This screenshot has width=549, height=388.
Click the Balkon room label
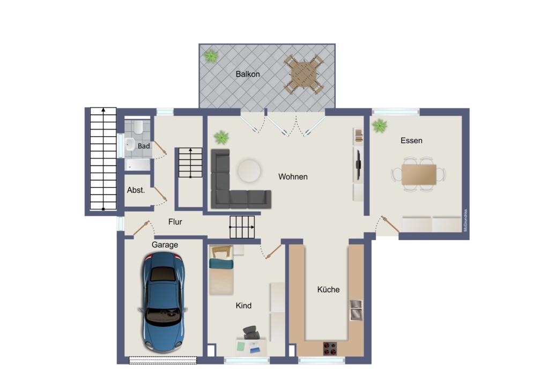tap(248, 74)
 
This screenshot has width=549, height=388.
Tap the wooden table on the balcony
tap(303, 74)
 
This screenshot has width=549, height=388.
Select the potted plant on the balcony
tap(211, 55)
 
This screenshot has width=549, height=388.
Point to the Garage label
tap(165, 244)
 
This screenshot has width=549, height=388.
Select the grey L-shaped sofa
tap(228, 185)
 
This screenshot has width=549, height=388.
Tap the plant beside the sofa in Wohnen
tap(221, 137)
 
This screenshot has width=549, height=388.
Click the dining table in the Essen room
tap(419, 174)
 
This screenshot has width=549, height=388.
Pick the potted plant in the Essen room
tap(380, 126)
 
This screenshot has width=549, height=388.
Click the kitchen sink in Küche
tap(356, 310)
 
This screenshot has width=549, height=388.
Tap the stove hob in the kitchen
tap(329, 348)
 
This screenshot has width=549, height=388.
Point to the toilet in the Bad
tap(138, 127)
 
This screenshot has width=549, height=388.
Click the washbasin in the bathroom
tap(130, 144)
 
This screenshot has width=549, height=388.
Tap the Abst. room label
tap(136, 190)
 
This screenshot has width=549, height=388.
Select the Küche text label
tap(328, 289)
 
